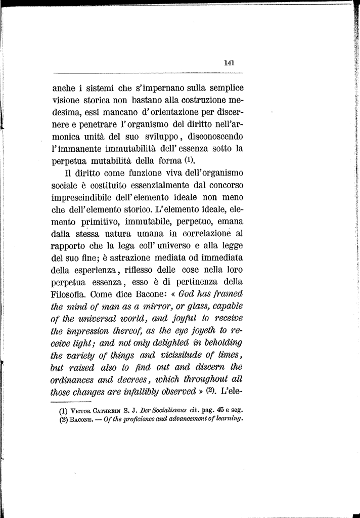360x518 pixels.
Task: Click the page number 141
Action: coord(229,64)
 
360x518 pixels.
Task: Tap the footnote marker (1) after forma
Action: coord(189,161)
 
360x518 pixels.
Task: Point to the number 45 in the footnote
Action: coord(215,411)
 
